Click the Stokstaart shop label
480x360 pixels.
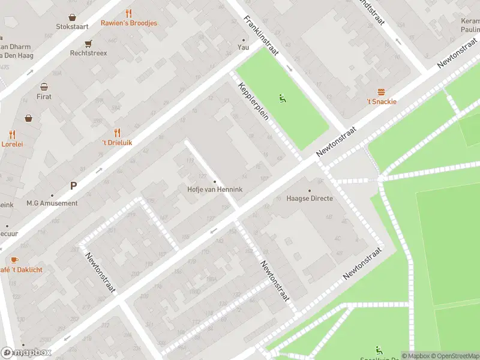point(72,27)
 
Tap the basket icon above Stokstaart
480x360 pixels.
point(72,17)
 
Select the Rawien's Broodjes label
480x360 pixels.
point(129,23)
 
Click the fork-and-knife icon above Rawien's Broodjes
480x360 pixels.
point(129,13)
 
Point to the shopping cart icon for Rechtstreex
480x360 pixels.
point(88,43)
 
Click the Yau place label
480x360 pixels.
point(243,47)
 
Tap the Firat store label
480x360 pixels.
point(44,97)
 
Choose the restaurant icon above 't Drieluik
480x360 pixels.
point(117,133)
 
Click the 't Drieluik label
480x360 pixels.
point(117,143)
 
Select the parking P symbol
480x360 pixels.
point(73,186)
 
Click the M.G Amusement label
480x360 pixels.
point(52,203)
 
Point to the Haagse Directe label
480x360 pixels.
point(310,199)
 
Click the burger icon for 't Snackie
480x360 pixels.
point(382,92)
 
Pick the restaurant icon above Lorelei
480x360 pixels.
point(12,134)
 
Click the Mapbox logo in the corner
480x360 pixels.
point(26,352)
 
